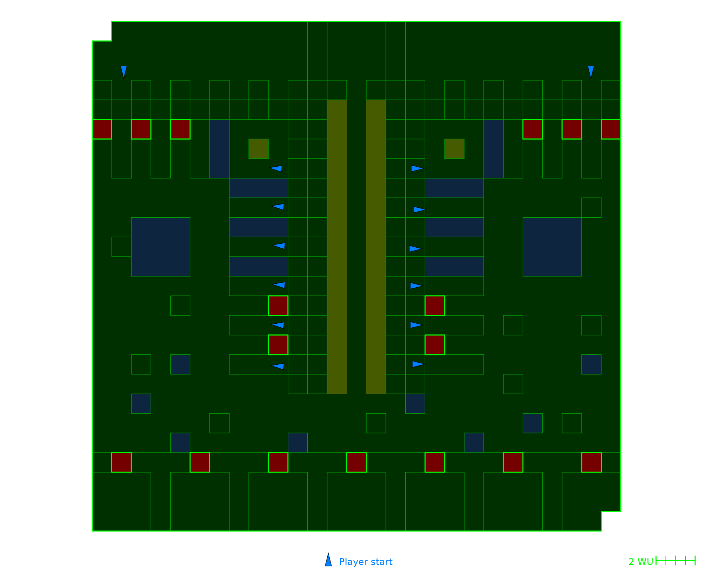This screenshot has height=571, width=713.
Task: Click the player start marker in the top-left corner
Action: pyautogui.click(x=124, y=72)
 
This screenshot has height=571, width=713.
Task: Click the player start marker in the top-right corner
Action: pyautogui.click(x=591, y=72)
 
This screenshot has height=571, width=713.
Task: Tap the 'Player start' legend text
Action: pyautogui.click(x=365, y=562)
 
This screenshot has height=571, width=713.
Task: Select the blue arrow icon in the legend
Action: pyautogui.click(x=328, y=560)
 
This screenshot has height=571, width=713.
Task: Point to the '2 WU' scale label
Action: pyautogui.click(x=641, y=562)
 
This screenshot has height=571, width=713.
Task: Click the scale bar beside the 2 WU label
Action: pyautogui.click(x=676, y=561)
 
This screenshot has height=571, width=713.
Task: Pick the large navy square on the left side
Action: pyautogui.click(x=160, y=247)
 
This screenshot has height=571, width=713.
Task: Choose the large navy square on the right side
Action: pyautogui.click(x=552, y=247)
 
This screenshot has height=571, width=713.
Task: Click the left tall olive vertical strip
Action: pyautogui.click(x=337, y=247)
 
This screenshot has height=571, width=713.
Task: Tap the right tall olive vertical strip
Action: pyautogui.click(x=376, y=247)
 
